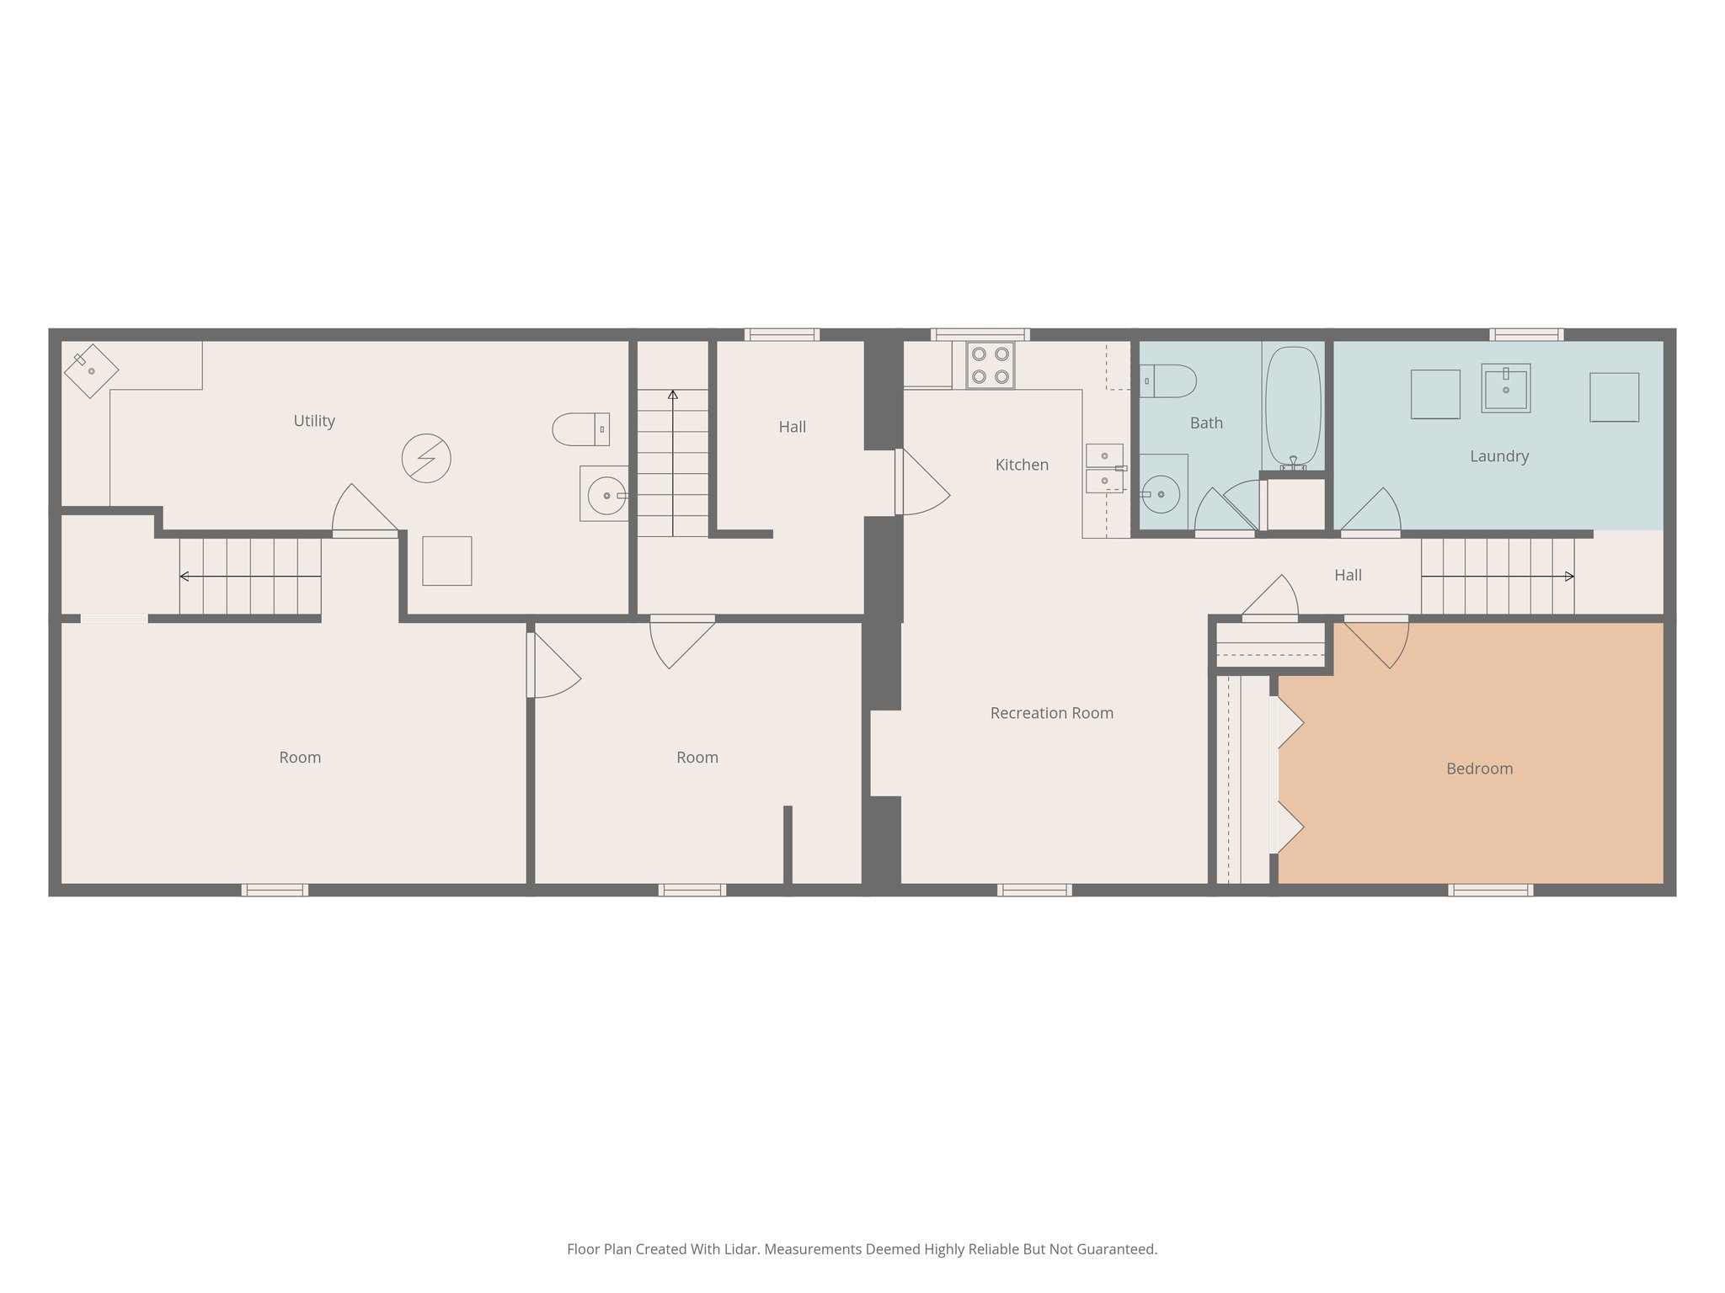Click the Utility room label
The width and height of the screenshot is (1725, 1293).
(x=314, y=421)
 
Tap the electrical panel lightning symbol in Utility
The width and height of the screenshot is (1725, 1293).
(x=426, y=458)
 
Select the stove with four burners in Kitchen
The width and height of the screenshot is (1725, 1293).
(x=990, y=365)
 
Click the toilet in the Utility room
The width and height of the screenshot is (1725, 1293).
(x=580, y=429)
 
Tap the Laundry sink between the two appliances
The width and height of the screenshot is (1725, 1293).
(x=1505, y=389)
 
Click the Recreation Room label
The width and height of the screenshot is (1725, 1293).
(x=1051, y=713)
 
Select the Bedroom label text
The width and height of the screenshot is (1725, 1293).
(x=1479, y=769)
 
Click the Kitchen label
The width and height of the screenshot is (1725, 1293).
(x=1022, y=465)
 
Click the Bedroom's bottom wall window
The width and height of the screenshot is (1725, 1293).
(x=1490, y=890)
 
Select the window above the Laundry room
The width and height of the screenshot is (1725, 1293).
(x=1526, y=334)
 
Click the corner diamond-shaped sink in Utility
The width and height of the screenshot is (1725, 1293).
(x=90, y=370)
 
